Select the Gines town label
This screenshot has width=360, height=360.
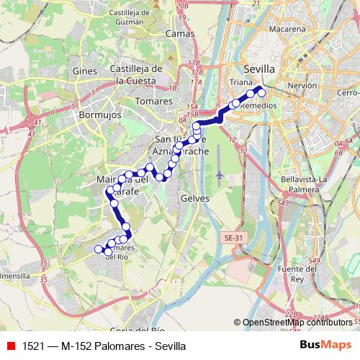[x=84, y=71]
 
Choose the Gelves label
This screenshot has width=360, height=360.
[x=195, y=198]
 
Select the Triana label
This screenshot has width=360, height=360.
[x=240, y=83]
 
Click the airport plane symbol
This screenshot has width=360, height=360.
[x=219, y=175]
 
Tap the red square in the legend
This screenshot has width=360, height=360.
[x=10, y=346]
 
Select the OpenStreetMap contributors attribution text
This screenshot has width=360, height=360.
[x=299, y=323]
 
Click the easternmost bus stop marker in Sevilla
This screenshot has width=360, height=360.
[x=261, y=92]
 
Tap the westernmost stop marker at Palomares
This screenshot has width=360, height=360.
[x=99, y=249]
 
